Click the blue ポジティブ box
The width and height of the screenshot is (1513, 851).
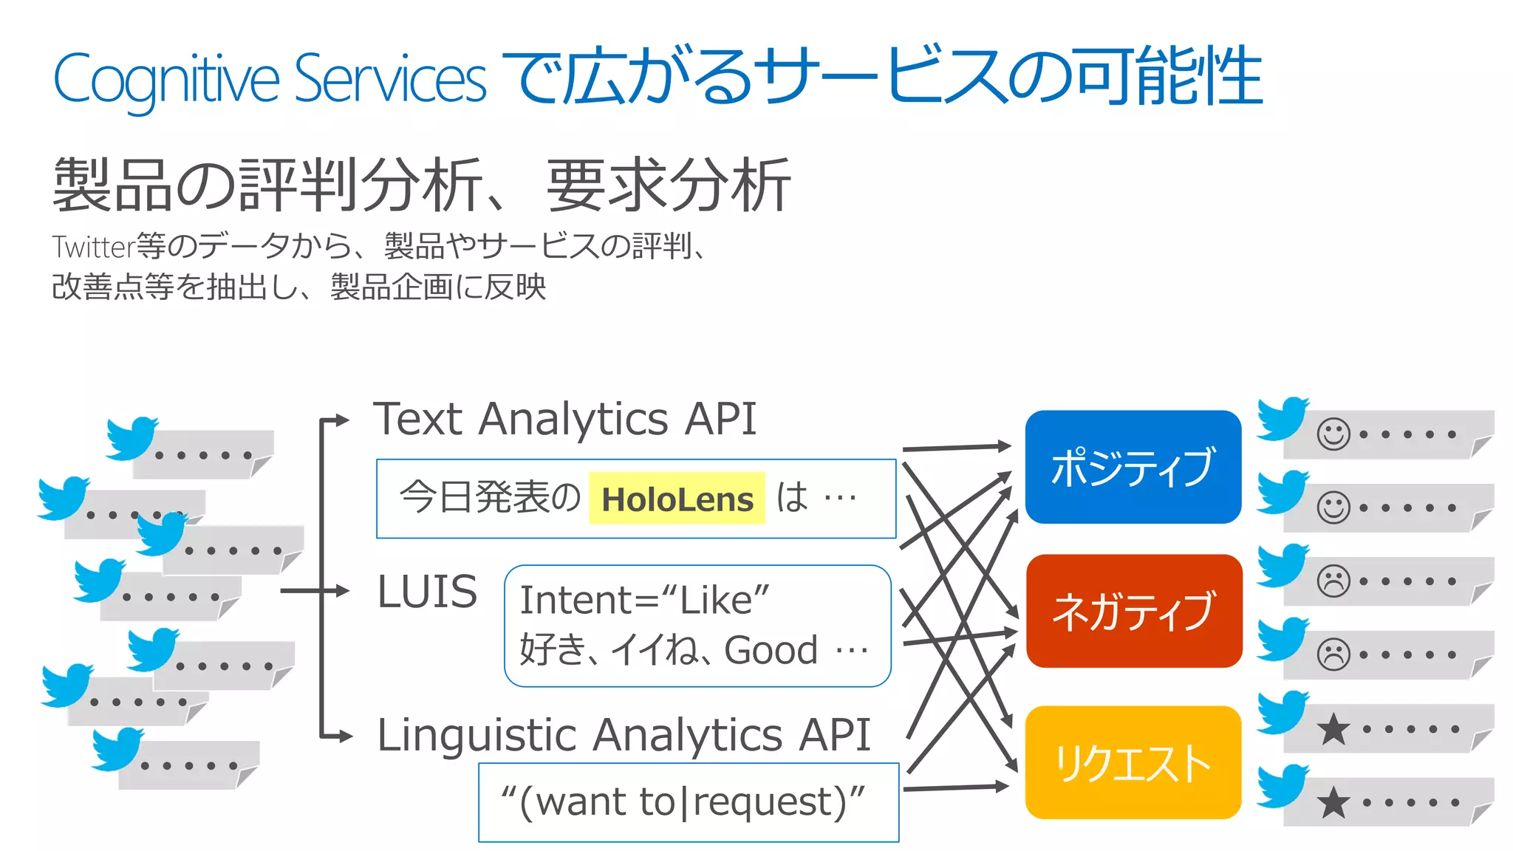[x=1133, y=467]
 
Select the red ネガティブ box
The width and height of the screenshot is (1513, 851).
[x=1133, y=611]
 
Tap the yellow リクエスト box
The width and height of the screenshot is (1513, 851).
[x=1133, y=762]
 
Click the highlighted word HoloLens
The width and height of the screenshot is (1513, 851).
[x=677, y=499]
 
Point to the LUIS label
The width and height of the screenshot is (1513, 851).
[x=427, y=592]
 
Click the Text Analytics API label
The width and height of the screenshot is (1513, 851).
[x=565, y=419]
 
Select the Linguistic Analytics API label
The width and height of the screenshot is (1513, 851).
[x=624, y=735]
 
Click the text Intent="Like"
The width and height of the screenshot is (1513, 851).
[x=644, y=599]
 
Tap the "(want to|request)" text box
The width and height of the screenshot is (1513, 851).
[x=688, y=802]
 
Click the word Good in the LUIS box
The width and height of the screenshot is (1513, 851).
[x=771, y=650]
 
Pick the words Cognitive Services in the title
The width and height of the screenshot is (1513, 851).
[x=270, y=80]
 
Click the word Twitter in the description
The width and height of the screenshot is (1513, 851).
[x=93, y=246]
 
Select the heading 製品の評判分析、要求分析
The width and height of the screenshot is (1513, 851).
[x=422, y=185]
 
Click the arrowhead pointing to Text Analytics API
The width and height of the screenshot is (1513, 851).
[x=341, y=420]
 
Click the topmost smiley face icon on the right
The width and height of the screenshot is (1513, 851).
[x=1333, y=434]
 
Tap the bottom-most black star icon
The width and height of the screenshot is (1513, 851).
[x=1333, y=802]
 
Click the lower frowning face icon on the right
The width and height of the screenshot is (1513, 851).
[x=1333, y=655]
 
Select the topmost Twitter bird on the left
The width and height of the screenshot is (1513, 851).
[x=132, y=437]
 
